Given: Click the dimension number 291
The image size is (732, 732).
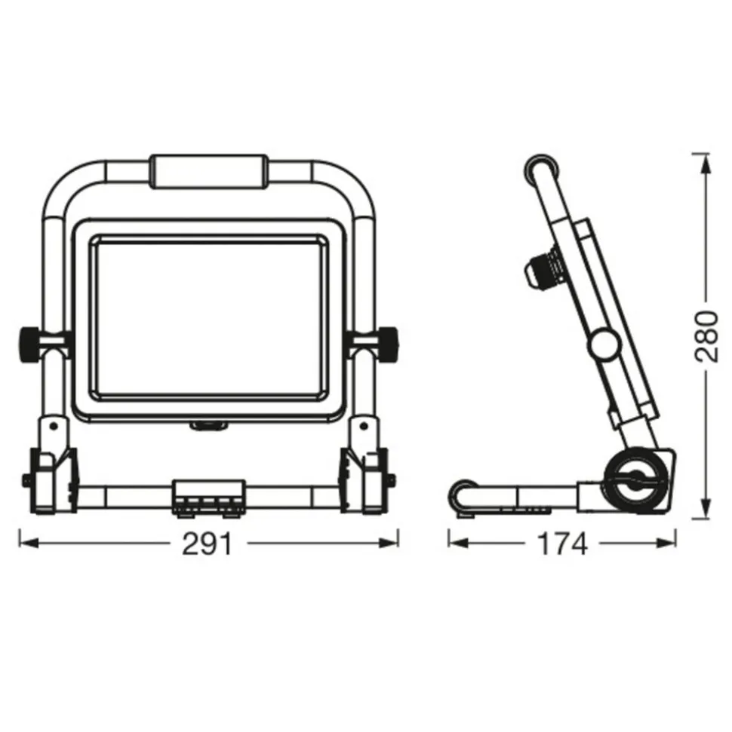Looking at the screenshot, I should click(207, 544).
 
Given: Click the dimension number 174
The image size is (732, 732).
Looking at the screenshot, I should click(563, 544).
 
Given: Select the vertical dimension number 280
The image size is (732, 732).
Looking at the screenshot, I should click(706, 335).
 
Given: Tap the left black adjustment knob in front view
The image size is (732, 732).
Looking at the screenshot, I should click(26, 342).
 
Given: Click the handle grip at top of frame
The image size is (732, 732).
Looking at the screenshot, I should click(208, 173).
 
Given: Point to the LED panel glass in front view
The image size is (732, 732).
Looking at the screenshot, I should click(208, 316).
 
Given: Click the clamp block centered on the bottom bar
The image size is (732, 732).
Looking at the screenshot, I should click(209, 498).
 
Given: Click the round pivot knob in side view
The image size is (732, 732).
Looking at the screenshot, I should click(604, 345).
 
